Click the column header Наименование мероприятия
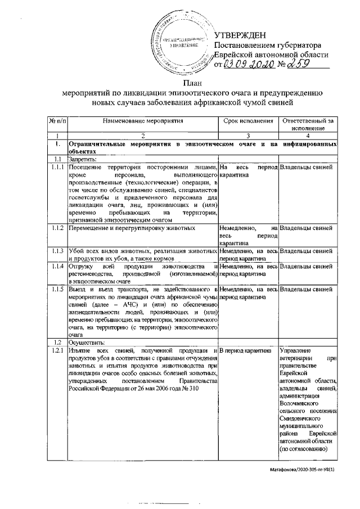143,120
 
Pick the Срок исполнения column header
248,120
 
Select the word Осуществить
85,342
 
